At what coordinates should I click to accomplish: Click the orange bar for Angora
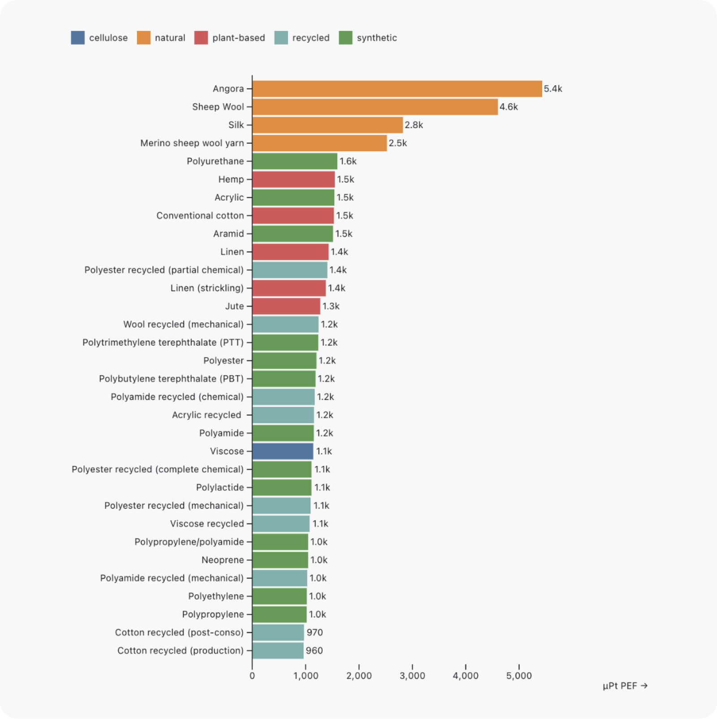pyautogui.click(x=397, y=89)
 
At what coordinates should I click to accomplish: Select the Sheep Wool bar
pyautogui.click(x=375, y=107)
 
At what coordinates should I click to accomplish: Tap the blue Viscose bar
pyautogui.click(x=283, y=451)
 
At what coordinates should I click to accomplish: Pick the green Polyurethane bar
pyautogui.click(x=295, y=161)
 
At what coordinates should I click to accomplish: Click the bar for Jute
pyautogui.click(x=286, y=306)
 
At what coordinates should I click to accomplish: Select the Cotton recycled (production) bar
pyautogui.click(x=278, y=650)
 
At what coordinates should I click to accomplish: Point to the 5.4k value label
pyautogui.click(x=553, y=89)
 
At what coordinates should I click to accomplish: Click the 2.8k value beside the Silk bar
pyautogui.click(x=414, y=125)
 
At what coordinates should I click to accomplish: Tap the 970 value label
pyautogui.click(x=315, y=633)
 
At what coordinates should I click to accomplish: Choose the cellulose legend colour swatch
pyautogui.click(x=78, y=38)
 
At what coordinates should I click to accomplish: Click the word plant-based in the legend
pyautogui.click(x=238, y=38)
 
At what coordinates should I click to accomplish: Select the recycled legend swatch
pyautogui.click(x=281, y=38)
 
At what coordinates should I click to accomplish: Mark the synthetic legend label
pyautogui.click(x=377, y=38)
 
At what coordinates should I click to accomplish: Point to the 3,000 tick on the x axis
pyautogui.click(x=412, y=676)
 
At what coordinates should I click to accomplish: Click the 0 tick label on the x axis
pyautogui.click(x=252, y=676)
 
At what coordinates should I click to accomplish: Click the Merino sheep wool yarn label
pyautogui.click(x=192, y=143)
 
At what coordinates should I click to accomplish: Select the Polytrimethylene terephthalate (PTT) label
pyautogui.click(x=163, y=343)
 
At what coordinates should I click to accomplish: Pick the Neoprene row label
pyautogui.click(x=223, y=560)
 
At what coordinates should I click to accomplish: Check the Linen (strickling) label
pyautogui.click(x=207, y=288)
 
